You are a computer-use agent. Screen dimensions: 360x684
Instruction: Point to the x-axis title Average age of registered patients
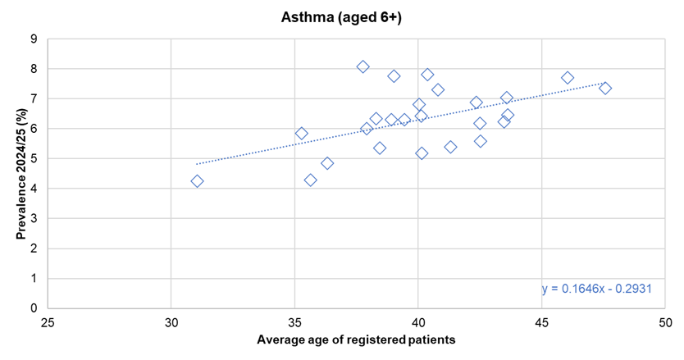pyautogui.click(x=356, y=339)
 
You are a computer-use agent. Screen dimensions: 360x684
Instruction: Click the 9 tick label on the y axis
pyautogui.click(x=34, y=39)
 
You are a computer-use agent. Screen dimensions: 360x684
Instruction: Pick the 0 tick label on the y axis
pyautogui.click(x=34, y=308)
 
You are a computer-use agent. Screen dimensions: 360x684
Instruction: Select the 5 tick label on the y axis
pyautogui.click(x=34, y=158)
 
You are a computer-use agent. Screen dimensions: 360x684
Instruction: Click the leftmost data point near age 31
pyautogui.click(x=197, y=181)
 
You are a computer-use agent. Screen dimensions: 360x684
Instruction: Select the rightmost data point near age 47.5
pyautogui.click(x=605, y=88)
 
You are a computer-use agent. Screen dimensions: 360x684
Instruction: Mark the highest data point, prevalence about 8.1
pyautogui.click(x=363, y=66)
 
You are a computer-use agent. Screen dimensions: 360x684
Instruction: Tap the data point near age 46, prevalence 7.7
pyautogui.click(x=568, y=78)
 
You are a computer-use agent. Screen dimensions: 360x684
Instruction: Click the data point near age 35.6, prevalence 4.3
pyautogui.click(x=310, y=180)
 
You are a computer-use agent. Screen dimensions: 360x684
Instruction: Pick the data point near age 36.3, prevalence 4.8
pyautogui.click(x=327, y=163)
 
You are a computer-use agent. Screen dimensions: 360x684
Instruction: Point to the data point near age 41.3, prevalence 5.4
pyautogui.click(x=450, y=147)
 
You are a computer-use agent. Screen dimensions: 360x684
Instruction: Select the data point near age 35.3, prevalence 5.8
pyautogui.click(x=301, y=134)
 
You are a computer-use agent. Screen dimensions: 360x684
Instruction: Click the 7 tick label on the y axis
pyautogui.click(x=34, y=98)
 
